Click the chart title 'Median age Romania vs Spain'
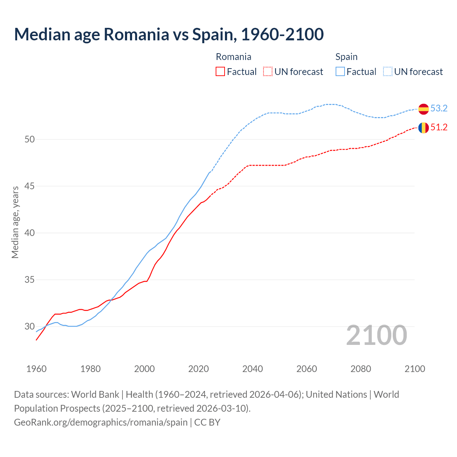coord(169,34)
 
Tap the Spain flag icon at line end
coord(423,109)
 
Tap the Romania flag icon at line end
coord(423,128)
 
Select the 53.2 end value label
coord(439,108)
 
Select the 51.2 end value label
coord(439,127)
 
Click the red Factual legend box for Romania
coord(220,72)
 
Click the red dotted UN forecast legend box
coord(268,72)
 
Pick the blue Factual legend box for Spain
coord(340,72)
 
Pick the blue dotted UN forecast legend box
coord(388,72)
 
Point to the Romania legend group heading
coord(233,57)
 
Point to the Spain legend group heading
coord(346,57)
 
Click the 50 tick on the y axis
coord(29,139)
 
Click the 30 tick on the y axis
coord(29,326)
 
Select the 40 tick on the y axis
coord(29,233)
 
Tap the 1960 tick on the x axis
coord(36,369)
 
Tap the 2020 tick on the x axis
coord(199,369)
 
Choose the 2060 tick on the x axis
coord(307,369)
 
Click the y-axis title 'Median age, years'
coord(15,222)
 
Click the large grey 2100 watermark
coord(377,335)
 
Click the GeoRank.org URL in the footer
coord(101,422)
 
